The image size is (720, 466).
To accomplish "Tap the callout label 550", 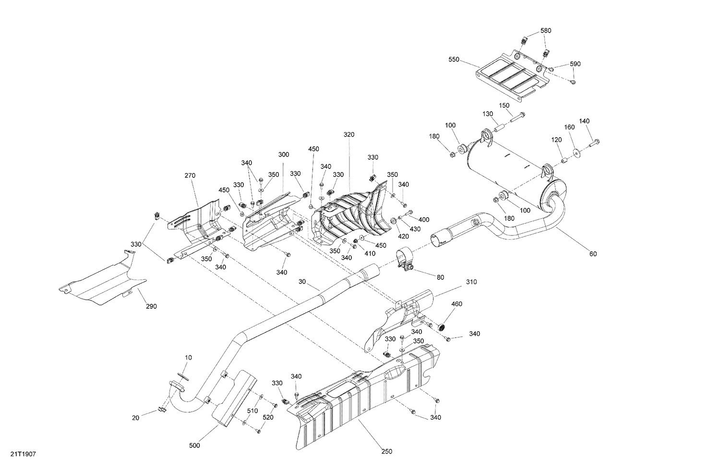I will [454, 60].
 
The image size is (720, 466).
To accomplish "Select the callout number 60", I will [593, 254].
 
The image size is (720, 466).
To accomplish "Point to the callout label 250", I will [386, 451].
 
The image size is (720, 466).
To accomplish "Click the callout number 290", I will [151, 306].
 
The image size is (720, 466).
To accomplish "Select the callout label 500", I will [194, 446].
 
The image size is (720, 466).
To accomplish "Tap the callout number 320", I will [349, 135].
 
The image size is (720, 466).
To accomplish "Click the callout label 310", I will [471, 282].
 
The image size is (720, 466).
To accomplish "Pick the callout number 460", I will [456, 303].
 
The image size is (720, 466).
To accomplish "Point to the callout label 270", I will [190, 175].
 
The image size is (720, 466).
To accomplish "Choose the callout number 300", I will [283, 154].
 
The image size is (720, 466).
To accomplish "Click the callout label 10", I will [188, 358].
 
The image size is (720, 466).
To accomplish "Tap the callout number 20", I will [136, 418].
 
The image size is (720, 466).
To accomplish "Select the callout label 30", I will [301, 282].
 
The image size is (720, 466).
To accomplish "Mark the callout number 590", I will [575, 64].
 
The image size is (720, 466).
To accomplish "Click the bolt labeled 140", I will [594, 141].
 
